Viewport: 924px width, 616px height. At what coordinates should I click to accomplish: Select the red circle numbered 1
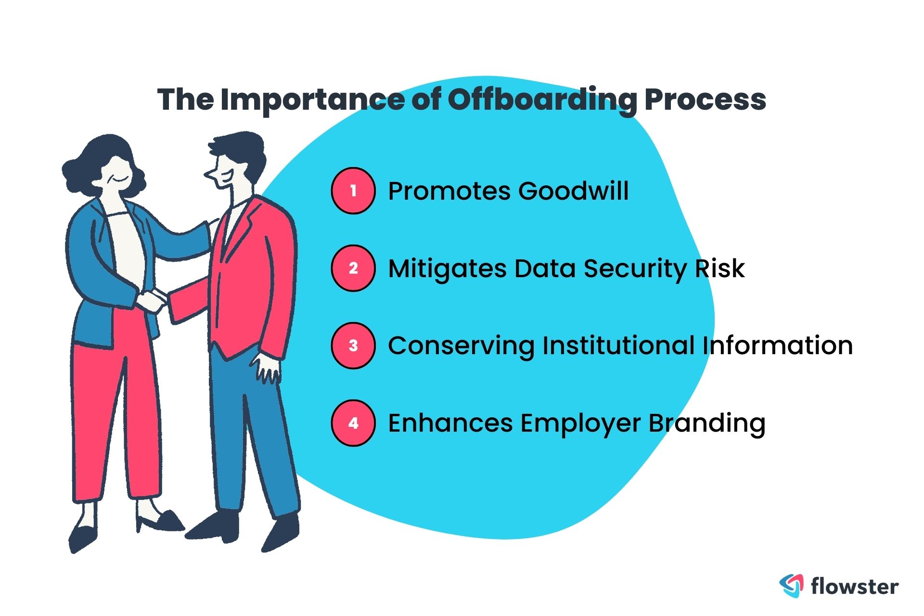click(x=353, y=191)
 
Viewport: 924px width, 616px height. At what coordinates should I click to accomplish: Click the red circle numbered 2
click(x=353, y=268)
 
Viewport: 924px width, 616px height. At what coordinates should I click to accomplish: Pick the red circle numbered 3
click(x=353, y=346)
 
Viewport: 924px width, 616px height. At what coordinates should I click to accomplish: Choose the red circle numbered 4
click(x=353, y=423)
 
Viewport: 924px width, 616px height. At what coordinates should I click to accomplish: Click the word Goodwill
click(x=573, y=191)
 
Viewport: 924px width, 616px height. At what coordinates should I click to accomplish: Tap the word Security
click(x=635, y=269)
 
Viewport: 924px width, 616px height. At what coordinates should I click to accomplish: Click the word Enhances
click(x=450, y=423)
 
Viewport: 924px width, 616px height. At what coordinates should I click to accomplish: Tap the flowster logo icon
click(x=791, y=586)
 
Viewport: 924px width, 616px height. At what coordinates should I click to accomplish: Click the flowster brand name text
click(x=855, y=586)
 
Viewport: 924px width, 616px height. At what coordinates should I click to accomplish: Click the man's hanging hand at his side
click(x=267, y=368)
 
